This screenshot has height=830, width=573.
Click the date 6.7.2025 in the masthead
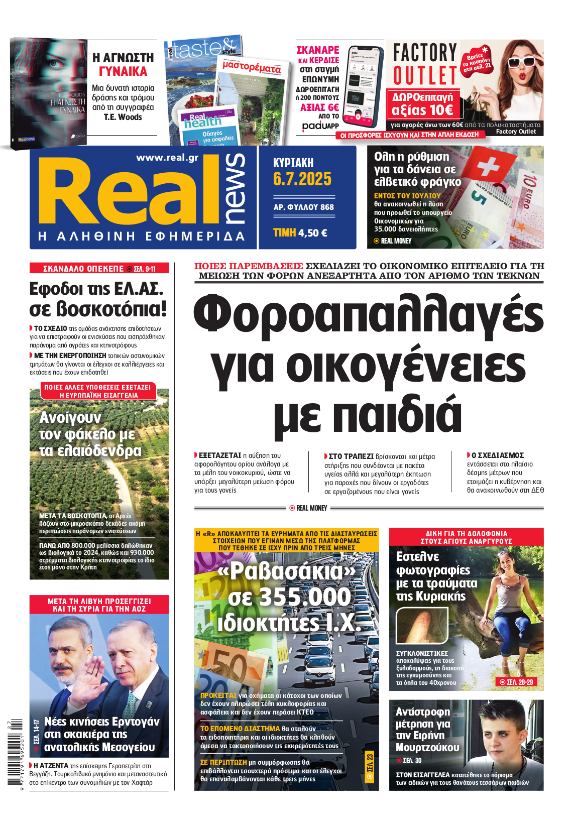click(x=302, y=179)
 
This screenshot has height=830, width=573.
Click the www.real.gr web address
click(x=167, y=158)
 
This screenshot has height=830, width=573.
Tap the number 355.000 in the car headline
click(x=289, y=598)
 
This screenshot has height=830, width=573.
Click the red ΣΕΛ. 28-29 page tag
click(x=516, y=682)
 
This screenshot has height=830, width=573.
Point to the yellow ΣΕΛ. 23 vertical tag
click(x=370, y=766)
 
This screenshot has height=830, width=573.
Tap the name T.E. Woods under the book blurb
click(x=123, y=117)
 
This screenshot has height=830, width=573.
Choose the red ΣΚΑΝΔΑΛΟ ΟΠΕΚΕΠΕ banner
click(x=99, y=269)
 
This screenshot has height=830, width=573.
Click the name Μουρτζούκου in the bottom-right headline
click(x=427, y=748)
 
